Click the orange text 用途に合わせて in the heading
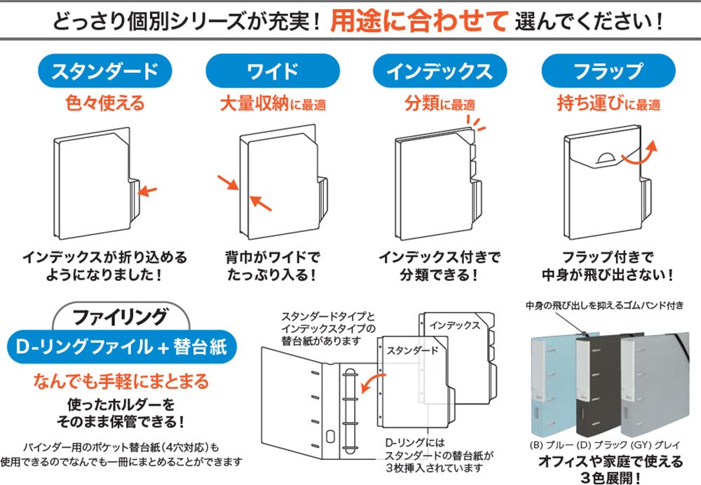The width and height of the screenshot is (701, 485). [x=418, y=22]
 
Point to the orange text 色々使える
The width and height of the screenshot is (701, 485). [x=104, y=104]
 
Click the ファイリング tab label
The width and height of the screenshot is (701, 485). [x=120, y=315]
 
